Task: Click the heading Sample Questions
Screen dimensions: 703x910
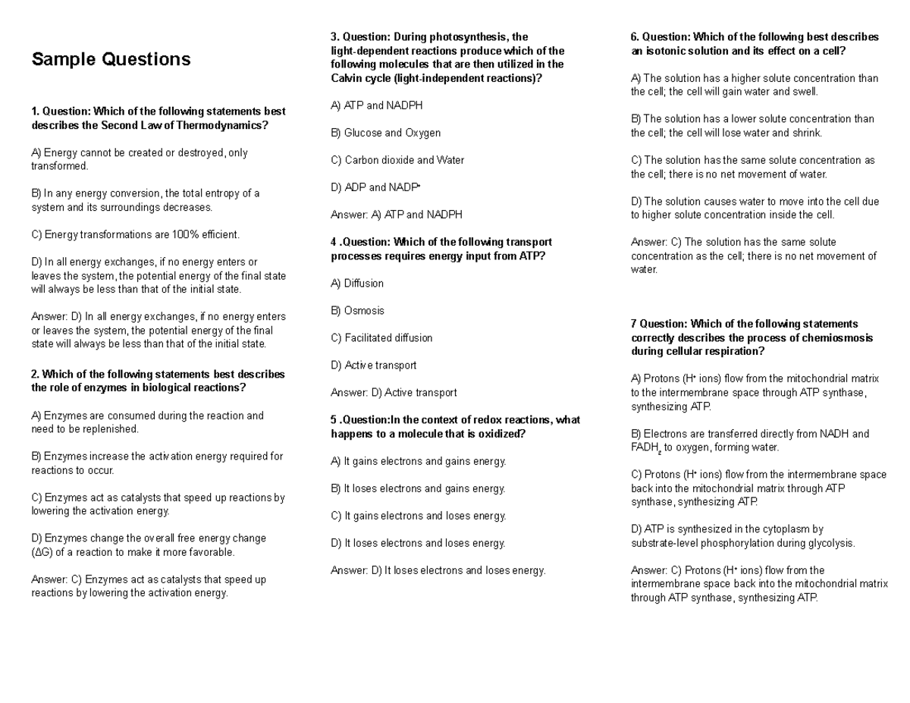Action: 111,59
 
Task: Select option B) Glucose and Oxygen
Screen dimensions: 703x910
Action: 385,133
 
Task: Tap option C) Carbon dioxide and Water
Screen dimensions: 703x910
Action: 397,160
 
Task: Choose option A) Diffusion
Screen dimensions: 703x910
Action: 357,283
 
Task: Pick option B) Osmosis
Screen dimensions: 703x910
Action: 357,310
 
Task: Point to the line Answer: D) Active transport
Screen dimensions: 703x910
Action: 394,392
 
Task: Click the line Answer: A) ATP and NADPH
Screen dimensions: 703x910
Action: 396,215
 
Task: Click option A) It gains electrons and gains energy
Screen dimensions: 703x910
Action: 418,461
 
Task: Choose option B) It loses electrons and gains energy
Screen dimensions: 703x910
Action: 418,488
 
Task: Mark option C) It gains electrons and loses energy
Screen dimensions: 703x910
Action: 418,516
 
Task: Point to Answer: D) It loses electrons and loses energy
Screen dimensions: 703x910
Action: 438,570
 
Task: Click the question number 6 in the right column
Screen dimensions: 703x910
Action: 635,37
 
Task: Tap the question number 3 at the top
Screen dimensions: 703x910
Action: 334,37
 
